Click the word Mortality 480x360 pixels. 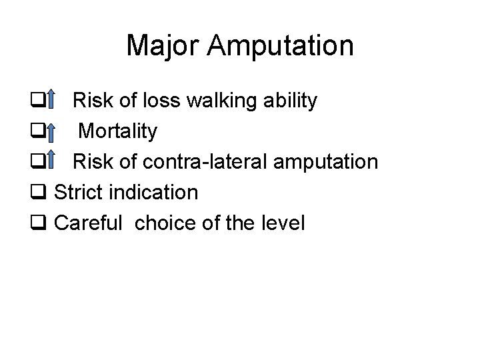tap(118, 132)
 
